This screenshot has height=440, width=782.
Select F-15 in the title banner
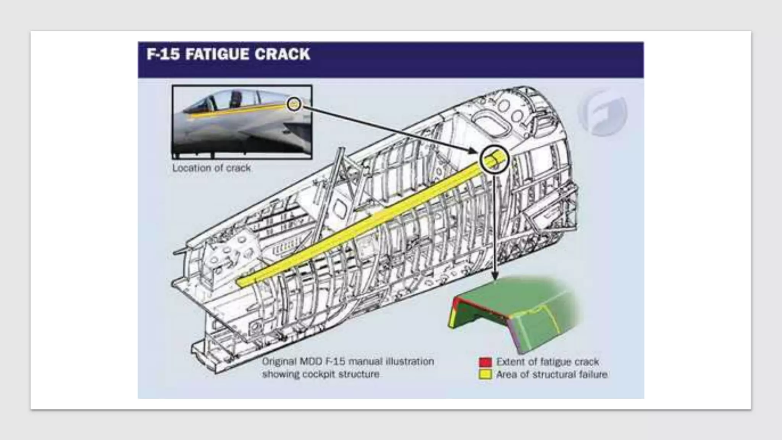coord(163,54)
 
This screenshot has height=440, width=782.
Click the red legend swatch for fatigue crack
coord(485,362)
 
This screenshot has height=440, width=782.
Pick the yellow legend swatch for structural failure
coord(485,374)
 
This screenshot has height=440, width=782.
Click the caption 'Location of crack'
coord(211,168)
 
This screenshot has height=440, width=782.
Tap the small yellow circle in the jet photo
coord(294,104)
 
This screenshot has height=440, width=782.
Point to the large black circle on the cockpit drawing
coord(494,160)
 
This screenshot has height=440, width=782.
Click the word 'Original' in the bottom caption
coord(279,361)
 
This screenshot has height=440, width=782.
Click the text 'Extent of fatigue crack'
coord(548,362)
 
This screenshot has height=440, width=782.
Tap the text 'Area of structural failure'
coord(552,374)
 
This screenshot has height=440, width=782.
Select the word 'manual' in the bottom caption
coord(366,361)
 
